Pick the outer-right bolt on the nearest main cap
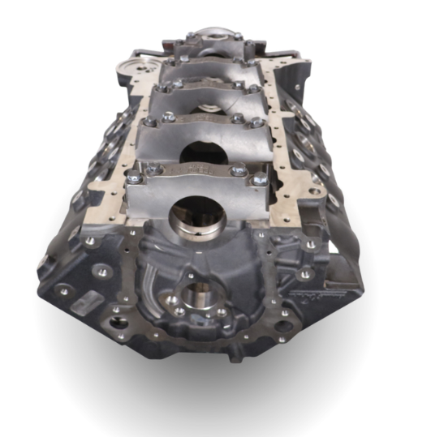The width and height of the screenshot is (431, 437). pyautogui.click(x=260, y=178)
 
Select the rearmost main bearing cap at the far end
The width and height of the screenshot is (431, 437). pyautogui.click(x=208, y=42)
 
